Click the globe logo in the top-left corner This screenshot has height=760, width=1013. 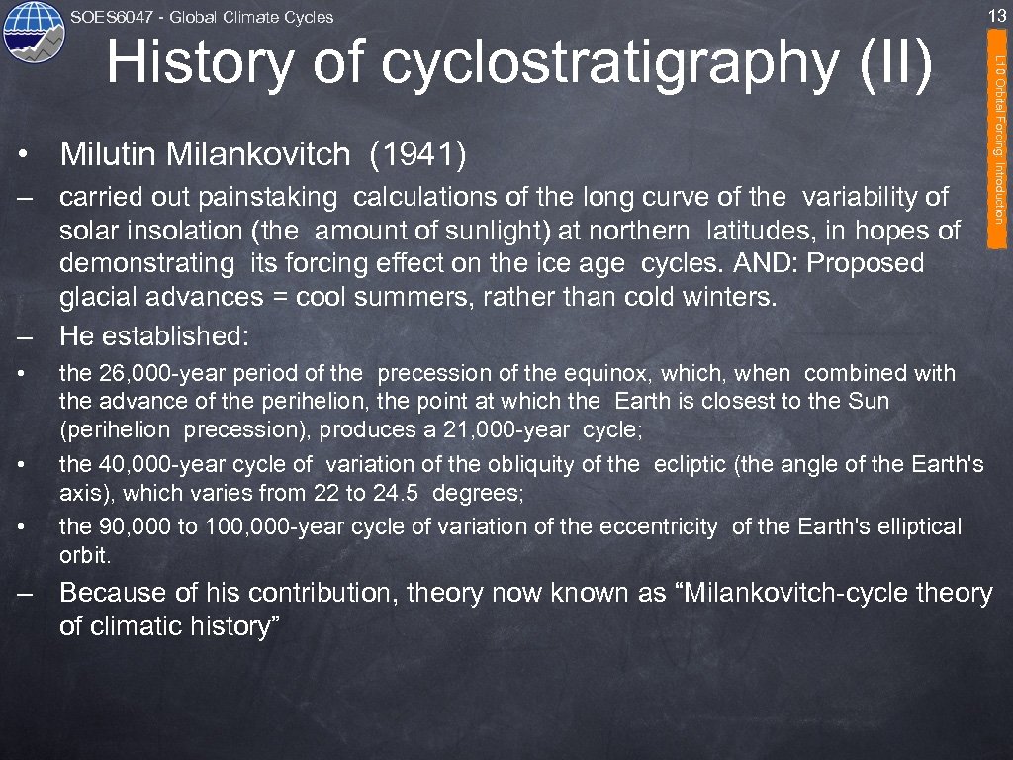tap(34, 33)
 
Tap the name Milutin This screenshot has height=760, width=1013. tap(109, 154)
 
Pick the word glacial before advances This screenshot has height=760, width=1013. tap(96, 298)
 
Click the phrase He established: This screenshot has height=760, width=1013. tap(155, 336)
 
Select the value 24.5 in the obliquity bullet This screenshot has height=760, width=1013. tap(403, 493)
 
